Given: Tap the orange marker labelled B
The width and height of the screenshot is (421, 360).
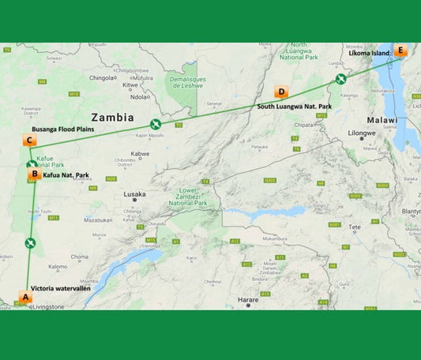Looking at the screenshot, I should click(x=34, y=174).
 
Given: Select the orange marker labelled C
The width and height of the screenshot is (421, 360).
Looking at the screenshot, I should click(x=29, y=141).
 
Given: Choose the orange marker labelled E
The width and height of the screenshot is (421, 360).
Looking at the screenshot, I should click(x=400, y=51).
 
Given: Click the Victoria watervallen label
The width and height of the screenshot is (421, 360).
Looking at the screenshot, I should click(x=61, y=290).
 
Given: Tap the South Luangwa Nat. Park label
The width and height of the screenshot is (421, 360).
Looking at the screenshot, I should click(x=294, y=106).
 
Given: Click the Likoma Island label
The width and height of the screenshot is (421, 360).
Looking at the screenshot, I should click(x=370, y=53).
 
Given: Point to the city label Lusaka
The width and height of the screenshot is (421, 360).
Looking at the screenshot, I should click(x=134, y=194).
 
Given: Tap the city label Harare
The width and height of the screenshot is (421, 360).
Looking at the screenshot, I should click(x=248, y=300).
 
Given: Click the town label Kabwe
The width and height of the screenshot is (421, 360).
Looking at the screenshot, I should click(x=141, y=154).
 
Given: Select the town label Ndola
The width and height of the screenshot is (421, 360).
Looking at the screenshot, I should click(x=139, y=97).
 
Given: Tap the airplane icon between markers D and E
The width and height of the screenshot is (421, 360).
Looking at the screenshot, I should click(x=340, y=78).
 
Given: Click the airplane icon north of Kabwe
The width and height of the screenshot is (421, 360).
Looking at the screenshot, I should click(x=156, y=124).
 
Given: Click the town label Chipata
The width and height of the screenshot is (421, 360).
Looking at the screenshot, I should click(x=304, y=124).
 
